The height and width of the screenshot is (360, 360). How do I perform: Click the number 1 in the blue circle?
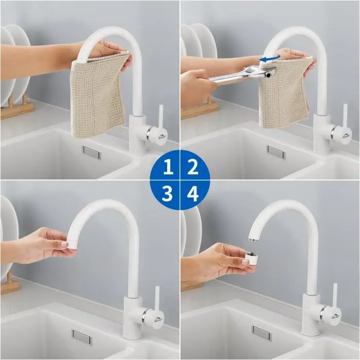pyautogui.click(x=168, y=167)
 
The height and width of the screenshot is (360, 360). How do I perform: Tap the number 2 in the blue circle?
pyautogui.click(x=192, y=167)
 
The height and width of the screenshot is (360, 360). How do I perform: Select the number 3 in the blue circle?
pyautogui.click(x=167, y=193)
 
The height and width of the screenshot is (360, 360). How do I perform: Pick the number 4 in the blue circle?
pyautogui.click(x=193, y=193)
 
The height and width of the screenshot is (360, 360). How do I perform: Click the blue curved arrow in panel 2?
pyautogui.click(x=270, y=59)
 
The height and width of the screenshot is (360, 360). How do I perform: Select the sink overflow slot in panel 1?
pyautogui.click(x=92, y=152)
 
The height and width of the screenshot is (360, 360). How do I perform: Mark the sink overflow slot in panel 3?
pyautogui.click(x=82, y=337)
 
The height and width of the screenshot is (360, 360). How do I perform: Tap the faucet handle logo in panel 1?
pyautogui.click(x=163, y=136)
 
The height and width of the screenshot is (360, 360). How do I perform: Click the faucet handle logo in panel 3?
pyautogui.click(x=159, y=319)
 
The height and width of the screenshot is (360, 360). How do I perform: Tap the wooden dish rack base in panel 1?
pyautogui.click(x=17, y=110)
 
